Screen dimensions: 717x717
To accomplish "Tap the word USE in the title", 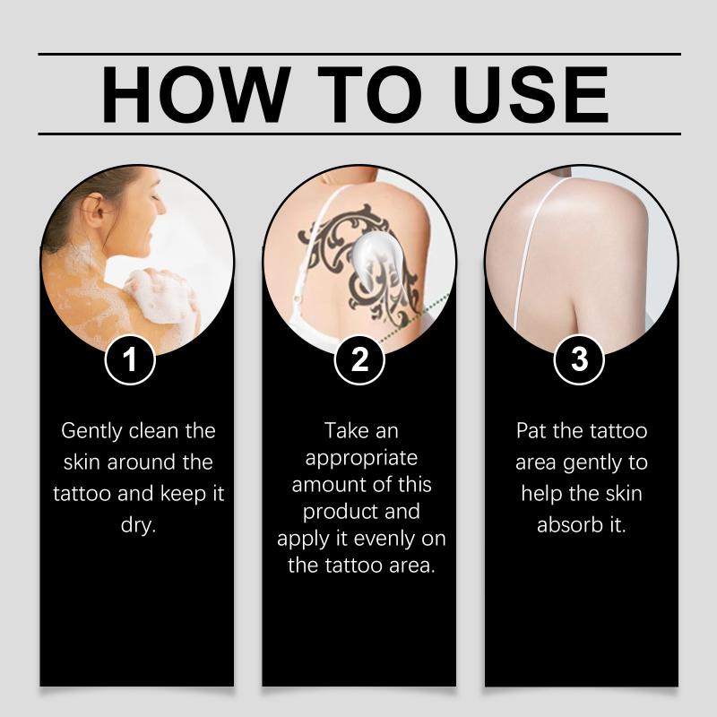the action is [x=531, y=95].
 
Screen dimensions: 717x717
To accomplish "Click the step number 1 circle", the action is [x=130, y=359].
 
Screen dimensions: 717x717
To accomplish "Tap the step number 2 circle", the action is [x=359, y=359].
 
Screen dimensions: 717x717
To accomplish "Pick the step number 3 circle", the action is [x=579, y=359].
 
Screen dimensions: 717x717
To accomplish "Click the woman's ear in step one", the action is [x=93, y=208].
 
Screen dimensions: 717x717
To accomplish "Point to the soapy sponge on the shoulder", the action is [x=159, y=296].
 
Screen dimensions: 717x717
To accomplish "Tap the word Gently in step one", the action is [x=92, y=432].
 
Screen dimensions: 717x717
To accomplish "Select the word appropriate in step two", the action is [x=361, y=459].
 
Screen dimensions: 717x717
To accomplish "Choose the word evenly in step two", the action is [x=384, y=540].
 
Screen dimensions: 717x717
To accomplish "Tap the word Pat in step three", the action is [x=531, y=431].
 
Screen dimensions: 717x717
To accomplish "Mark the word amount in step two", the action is [x=325, y=485].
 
